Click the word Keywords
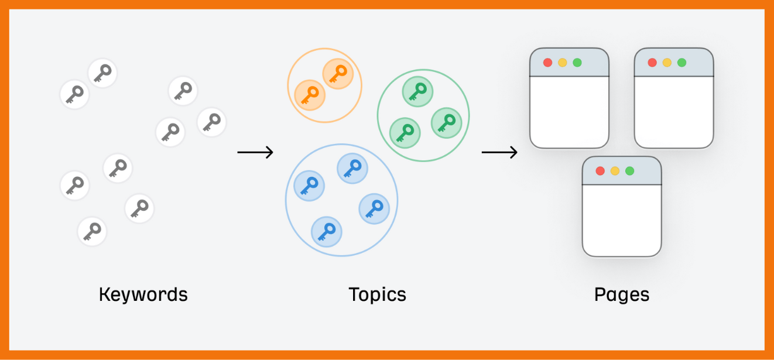point(143,294)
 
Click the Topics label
point(377,294)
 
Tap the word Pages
point(621,294)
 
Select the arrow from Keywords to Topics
point(255,153)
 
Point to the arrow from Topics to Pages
point(499,153)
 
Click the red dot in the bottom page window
point(600,171)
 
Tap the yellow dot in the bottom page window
point(615,171)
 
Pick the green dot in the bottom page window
point(630,171)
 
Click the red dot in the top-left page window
point(548,63)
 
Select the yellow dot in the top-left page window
point(563,63)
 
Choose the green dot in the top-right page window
point(681,63)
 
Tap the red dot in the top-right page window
point(652,63)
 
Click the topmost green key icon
point(417,91)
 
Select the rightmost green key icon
point(446,122)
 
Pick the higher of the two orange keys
point(338,74)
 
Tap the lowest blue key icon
point(326,231)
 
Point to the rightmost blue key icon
point(374,208)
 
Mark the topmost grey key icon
point(102,73)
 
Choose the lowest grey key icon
point(92,231)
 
